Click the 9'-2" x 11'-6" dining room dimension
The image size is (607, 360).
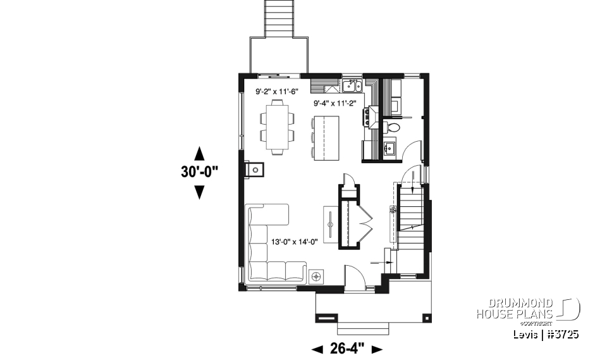pos(276,92)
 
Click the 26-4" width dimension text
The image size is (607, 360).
pos(348,348)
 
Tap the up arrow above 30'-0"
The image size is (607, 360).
pos(199,153)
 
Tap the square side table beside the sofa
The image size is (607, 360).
pos(316,276)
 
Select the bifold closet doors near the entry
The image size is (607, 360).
pos(365,220)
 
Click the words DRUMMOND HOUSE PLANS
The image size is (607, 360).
pos(515,308)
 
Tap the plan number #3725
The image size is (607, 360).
pos(562,333)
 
